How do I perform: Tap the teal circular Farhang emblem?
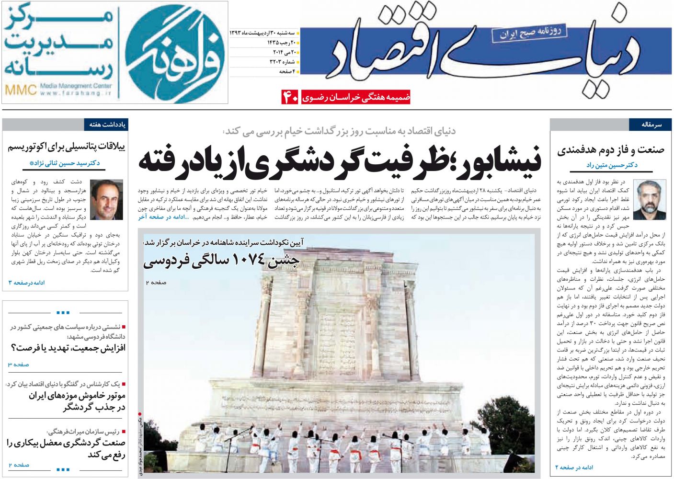point(175,53)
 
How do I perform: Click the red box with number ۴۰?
point(290,97)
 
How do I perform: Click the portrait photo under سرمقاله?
point(649,199)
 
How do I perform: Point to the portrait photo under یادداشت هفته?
point(106,199)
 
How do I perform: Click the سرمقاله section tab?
point(651,125)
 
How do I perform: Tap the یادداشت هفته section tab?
point(107,125)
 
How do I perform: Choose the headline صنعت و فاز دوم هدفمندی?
point(611,150)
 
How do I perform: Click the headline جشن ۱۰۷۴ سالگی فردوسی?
point(221,261)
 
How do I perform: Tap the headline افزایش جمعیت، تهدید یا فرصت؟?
point(68,348)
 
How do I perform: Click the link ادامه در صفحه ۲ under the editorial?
point(574,467)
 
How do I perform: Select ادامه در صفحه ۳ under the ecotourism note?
point(26,283)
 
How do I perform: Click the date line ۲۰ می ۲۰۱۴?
point(285,52)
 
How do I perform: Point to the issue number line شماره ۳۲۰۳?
point(282,62)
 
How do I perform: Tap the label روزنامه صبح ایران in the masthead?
point(529,33)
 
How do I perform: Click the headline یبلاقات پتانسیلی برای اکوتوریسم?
point(66,147)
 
